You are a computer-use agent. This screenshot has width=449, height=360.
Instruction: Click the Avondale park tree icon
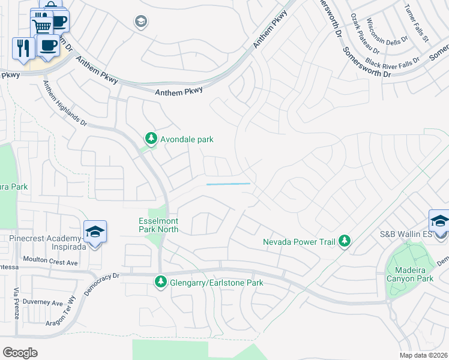(x=151, y=139)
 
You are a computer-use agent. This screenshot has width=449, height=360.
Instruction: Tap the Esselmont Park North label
(x=158, y=224)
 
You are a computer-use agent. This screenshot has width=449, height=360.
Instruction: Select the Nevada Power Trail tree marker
(x=345, y=241)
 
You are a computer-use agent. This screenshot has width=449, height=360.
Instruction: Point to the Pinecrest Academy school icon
(x=95, y=232)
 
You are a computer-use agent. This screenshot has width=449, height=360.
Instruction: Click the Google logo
(x=20, y=352)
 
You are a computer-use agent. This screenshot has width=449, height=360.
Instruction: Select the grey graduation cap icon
(x=141, y=22)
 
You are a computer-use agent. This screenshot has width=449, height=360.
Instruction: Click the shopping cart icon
(x=41, y=26)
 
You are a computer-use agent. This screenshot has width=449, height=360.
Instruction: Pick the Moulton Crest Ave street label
(x=50, y=262)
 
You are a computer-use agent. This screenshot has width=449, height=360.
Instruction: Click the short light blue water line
(x=228, y=184)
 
